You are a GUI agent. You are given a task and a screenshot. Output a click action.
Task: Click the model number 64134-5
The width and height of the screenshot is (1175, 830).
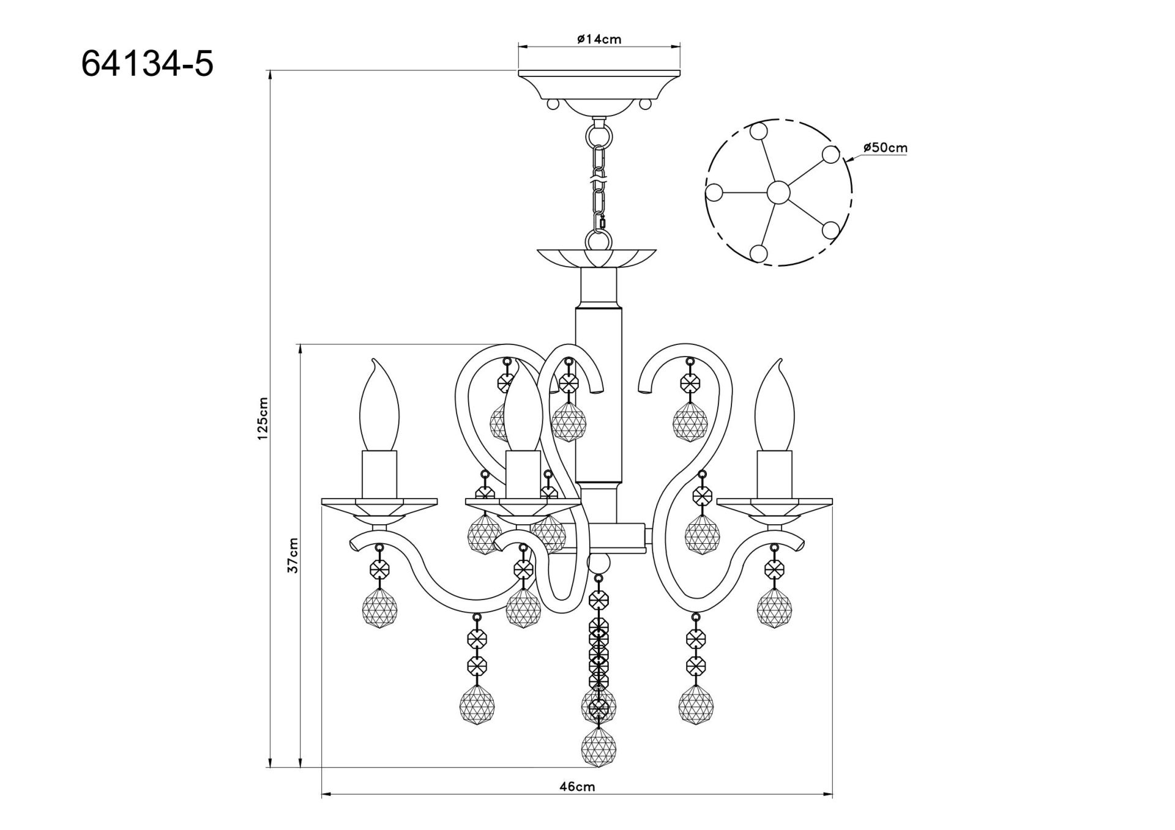click(x=147, y=64)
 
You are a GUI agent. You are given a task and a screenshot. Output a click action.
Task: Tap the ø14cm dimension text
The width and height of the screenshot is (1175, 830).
click(x=599, y=40)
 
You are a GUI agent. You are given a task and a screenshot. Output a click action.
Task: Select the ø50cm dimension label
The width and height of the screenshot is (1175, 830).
click(x=885, y=147)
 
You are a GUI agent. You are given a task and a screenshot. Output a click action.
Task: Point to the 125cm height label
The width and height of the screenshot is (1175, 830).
click(x=263, y=419)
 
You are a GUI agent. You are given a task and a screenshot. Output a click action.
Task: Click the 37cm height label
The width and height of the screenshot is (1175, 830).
click(x=294, y=555)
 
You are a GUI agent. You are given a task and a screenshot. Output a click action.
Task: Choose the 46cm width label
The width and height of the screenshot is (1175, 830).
click(x=576, y=787)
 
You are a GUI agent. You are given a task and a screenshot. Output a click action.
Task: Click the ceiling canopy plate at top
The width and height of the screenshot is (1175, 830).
click(x=599, y=83)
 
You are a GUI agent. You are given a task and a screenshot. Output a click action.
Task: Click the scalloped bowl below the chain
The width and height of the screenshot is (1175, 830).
click(x=597, y=258)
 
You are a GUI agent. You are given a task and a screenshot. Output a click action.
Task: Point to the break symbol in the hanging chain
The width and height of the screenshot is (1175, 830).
click(x=598, y=177)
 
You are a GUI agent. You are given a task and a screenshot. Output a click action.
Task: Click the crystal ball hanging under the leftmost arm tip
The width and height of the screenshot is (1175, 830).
click(x=379, y=610)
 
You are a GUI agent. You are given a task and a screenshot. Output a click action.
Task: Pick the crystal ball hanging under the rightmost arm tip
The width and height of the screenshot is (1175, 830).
click(x=774, y=609)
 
